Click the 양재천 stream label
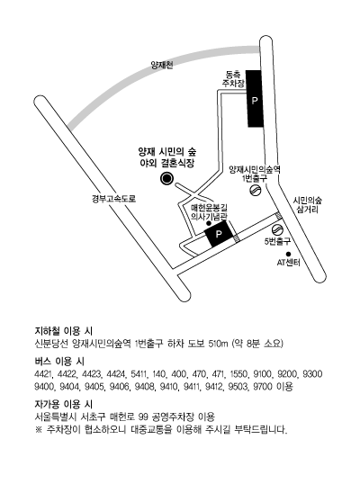(162, 65)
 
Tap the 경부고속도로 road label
(113, 199)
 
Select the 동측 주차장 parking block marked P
(255, 98)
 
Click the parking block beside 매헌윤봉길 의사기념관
(219, 234)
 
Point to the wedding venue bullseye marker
(166, 178)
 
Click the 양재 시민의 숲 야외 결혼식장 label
(167, 157)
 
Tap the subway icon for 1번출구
(256, 191)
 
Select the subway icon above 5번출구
(277, 230)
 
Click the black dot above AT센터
(288, 254)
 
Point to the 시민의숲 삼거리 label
(307, 205)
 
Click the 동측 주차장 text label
(234, 78)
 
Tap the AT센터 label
(288, 263)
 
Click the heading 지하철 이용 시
(64, 331)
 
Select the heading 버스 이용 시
(59, 361)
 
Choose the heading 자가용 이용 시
(64, 404)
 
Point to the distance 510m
(218, 344)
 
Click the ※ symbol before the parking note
(39, 429)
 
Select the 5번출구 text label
(277, 242)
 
